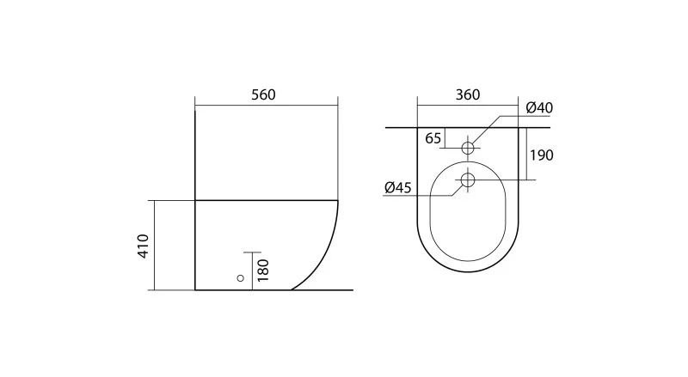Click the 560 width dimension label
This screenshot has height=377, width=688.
pos(263,94)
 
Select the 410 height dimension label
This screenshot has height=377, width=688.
pos(144,246)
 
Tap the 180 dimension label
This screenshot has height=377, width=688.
pos(263,270)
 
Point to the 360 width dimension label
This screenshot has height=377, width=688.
pos(468,94)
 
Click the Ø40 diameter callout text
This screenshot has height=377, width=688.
pos(539,107)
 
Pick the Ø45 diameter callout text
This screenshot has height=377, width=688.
pos(398,187)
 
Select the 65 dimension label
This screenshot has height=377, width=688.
pos(433,138)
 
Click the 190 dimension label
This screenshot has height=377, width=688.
pos(542,155)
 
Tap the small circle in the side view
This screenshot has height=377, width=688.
pos(240,278)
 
